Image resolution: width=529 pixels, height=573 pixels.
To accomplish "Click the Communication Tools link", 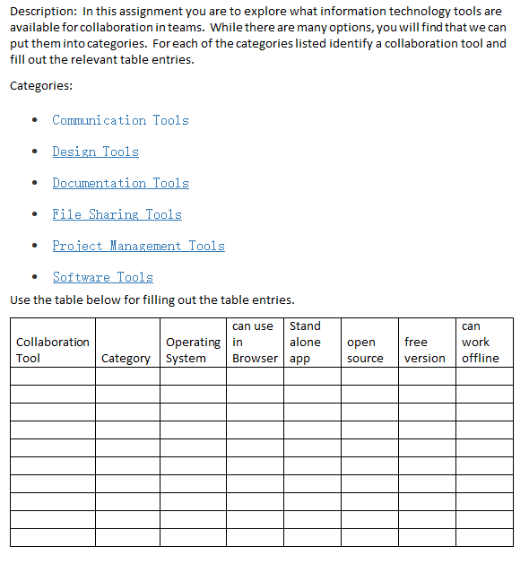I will [120, 120].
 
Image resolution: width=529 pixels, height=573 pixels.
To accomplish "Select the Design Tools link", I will [95, 152].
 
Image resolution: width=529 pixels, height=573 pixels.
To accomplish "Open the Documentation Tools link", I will [120, 183].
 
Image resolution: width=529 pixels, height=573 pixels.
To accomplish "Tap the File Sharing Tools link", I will [117, 214].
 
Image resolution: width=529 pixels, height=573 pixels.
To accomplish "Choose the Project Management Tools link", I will [138, 246].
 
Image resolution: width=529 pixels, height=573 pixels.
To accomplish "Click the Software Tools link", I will [102, 277].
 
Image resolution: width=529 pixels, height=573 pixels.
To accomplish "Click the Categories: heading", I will [41, 86].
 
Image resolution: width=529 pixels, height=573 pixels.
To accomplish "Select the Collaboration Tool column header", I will [52, 350].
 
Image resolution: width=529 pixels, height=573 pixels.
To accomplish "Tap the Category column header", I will [126, 358].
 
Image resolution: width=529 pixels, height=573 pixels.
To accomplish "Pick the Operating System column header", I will [193, 350].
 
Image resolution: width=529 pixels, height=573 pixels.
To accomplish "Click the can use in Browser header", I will [255, 342].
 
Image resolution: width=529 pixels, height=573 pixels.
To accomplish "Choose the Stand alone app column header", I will [305, 342].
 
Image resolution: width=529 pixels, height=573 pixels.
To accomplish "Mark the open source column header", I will [364, 350].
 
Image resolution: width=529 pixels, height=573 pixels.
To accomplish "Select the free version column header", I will [424, 350].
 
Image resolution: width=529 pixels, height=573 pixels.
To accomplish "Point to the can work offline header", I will [480, 342].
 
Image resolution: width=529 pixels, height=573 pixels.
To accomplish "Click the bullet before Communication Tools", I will [34, 120].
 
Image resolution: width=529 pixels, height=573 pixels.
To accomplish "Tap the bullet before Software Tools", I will [34, 277].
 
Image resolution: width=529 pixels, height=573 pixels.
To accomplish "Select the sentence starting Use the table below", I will [152, 300].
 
